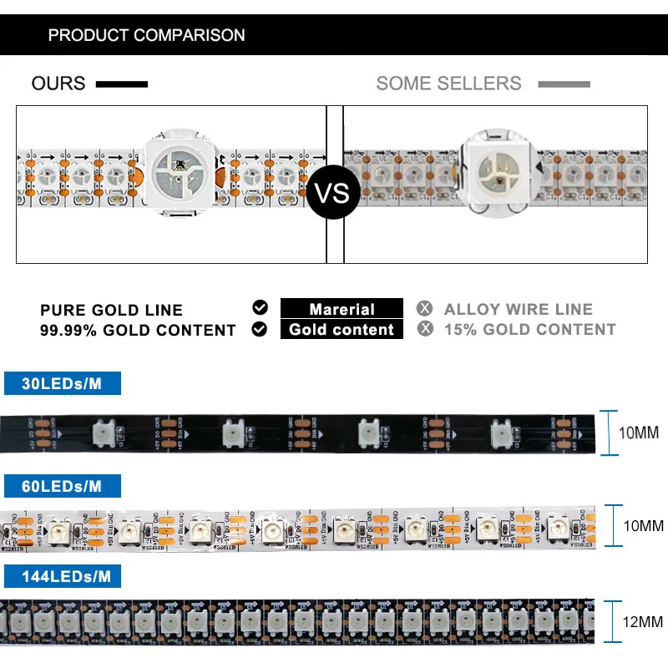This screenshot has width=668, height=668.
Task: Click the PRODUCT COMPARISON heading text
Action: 146,35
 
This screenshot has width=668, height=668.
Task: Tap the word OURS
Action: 58,83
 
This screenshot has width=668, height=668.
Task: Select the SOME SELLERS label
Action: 448,83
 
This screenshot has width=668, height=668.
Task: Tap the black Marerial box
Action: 342,309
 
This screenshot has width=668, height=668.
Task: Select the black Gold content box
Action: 342,329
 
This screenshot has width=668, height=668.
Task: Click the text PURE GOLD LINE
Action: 111,311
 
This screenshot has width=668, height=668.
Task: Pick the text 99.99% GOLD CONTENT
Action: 138,330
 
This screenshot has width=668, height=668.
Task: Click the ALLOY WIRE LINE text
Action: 518,310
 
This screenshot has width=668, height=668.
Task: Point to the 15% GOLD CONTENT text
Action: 529,330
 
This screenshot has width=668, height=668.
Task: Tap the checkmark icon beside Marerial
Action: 260,308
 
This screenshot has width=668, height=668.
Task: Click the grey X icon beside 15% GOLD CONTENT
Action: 426,329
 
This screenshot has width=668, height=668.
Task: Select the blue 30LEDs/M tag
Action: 63,383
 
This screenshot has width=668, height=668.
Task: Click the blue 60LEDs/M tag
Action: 63,485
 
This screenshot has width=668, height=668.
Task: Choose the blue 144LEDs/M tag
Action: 63,576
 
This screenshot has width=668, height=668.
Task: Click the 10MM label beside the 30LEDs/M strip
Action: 639,433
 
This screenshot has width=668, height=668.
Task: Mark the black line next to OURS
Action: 122,84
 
